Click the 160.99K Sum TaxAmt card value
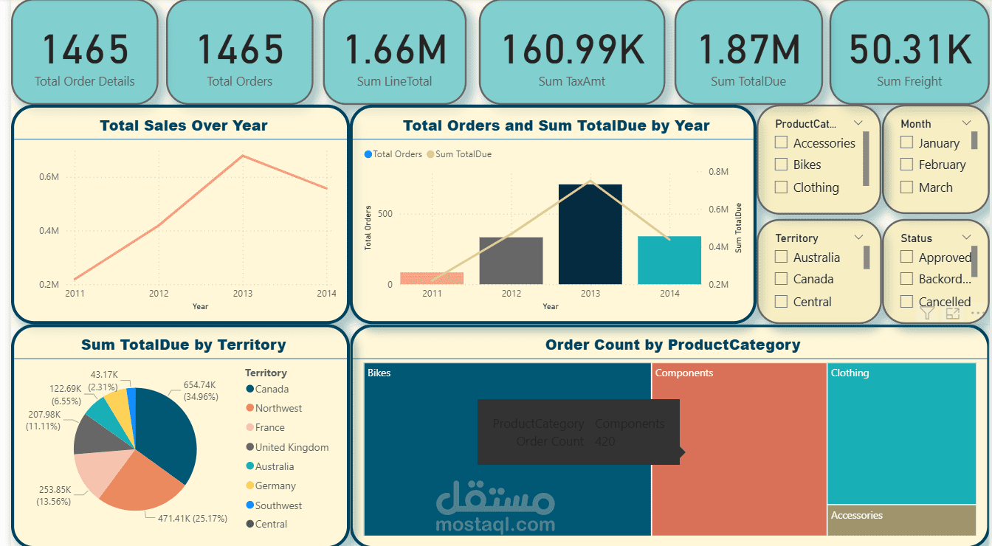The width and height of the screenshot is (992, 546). (x=573, y=49)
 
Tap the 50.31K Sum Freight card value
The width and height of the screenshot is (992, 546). (x=910, y=49)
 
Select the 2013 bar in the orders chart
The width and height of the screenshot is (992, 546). (x=590, y=235)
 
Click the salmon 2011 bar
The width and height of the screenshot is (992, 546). (x=432, y=278)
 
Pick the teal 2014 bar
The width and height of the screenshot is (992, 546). (x=669, y=260)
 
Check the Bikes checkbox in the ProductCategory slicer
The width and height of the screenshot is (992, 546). (x=781, y=165)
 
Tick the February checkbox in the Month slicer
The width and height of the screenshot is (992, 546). (x=906, y=165)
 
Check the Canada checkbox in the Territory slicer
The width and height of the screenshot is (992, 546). (x=781, y=279)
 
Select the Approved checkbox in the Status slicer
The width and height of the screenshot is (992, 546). (x=906, y=257)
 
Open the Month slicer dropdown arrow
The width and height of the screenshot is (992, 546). (x=967, y=123)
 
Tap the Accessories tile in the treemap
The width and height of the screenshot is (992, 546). (x=900, y=520)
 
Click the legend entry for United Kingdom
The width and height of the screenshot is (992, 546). (x=292, y=447)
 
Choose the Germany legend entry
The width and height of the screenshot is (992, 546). (x=275, y=485)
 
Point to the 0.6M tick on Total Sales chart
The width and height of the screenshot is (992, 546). (x=49, y=177)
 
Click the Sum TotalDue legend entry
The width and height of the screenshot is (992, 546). (x=463, y=154)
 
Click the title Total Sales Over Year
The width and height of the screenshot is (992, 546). (x=184, y=125)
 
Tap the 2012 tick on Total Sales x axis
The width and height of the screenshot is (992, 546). (x=159, y=294)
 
